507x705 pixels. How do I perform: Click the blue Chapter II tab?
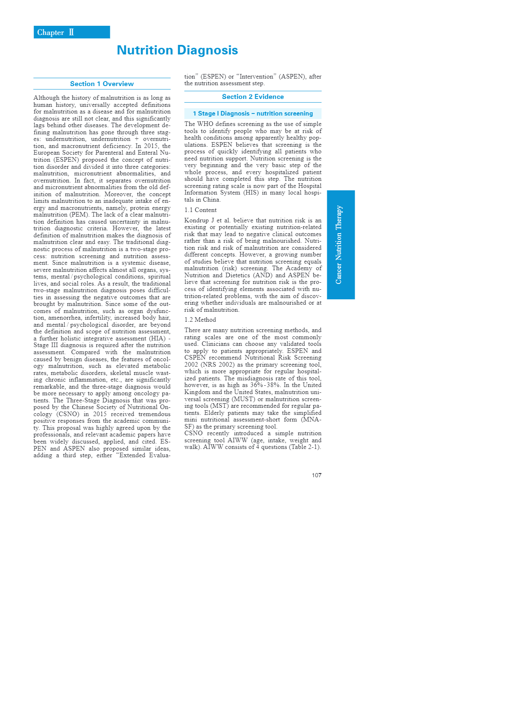pyautogui.click(x=72, y=32)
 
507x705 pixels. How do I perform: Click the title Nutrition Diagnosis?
pyautogui.click(x=177, y=50)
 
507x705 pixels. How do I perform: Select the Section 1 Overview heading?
pyautogui.click(x=102, y=84)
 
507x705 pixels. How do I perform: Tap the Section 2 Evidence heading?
pyautogui.click(x=253, y=97)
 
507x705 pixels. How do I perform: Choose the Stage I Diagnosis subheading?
pyautogui.click(x=253, y=113)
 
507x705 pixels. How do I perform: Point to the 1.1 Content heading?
pyautogui.click(x=200, y=210)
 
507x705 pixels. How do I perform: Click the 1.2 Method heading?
pyautogui.click(x=200, y=320)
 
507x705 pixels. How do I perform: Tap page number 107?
pyautogui.click(x=316, y=475)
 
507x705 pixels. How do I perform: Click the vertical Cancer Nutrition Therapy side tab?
pyautogui.click(x=340, y=245)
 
